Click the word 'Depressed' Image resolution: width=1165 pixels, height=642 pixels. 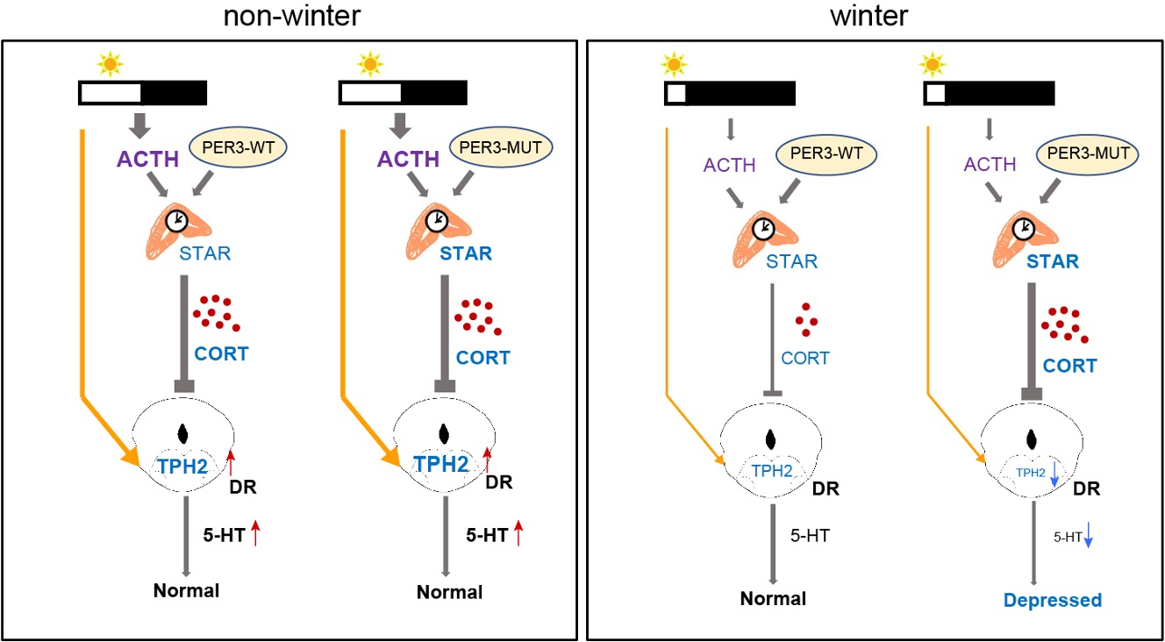pos(1052,601)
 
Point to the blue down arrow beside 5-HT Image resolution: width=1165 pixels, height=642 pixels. pos(1088,535)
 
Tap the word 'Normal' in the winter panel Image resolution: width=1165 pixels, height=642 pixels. pos(773,600)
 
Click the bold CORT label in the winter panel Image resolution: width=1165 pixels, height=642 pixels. pos(1069,365)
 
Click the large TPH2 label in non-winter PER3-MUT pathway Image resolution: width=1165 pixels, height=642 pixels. pos(441,467)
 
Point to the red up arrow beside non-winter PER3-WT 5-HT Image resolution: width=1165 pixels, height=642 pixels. pos(255,533)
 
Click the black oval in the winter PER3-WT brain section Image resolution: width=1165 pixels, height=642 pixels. pos(772,439)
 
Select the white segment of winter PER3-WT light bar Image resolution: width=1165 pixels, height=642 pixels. pos(675,92)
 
